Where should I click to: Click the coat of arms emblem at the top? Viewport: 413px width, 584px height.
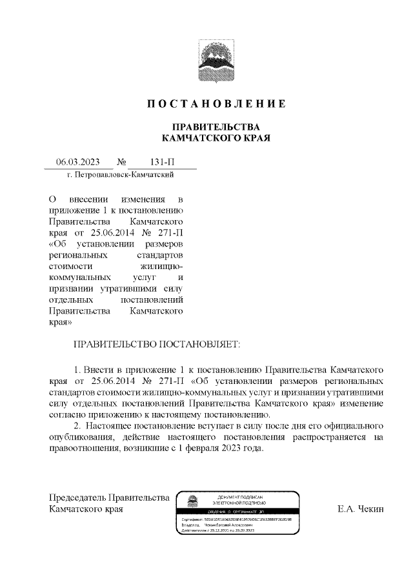click(206, 61)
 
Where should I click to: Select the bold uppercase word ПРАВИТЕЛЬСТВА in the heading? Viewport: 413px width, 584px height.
click(206, 126)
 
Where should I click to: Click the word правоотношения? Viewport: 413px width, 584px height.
click(81, 449)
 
